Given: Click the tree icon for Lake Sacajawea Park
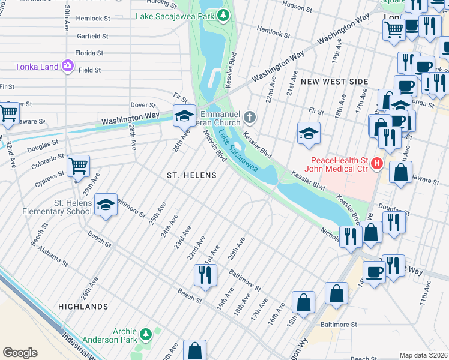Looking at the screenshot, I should [223, 15].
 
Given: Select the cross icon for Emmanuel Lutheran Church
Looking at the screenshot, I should [250, 115].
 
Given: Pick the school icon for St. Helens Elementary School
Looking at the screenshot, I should [106, 206].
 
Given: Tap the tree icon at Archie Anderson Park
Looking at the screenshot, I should [145, 333].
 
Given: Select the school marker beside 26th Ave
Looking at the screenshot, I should [184, 115].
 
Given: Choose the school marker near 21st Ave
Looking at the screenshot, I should [309, 133].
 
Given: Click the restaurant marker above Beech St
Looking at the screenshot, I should [205, 275].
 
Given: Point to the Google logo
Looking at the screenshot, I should [20, 353].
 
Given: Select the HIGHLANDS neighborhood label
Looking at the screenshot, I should [83, 307].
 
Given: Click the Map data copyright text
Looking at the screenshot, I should [423, 355].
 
